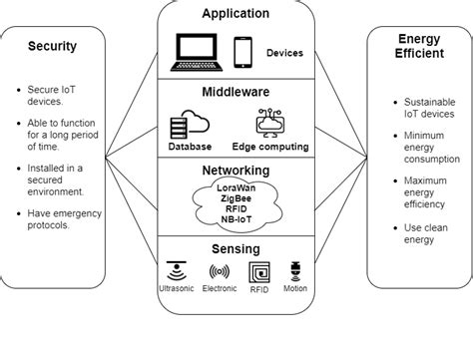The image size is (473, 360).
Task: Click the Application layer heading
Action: (236, 14)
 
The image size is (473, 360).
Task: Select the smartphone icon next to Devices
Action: (242, 51)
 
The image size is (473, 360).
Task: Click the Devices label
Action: (285, 52)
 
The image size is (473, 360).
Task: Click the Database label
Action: (190, 147)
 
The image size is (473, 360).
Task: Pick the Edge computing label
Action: (269, 147)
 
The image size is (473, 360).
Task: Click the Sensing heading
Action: (236, 248)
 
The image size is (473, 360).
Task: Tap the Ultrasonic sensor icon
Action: (178, 270)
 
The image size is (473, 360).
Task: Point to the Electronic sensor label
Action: (220, 289)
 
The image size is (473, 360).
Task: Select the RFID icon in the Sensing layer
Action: (259, 271)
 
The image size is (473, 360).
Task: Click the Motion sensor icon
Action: (294, 270)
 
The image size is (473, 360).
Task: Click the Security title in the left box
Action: (52, 46)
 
